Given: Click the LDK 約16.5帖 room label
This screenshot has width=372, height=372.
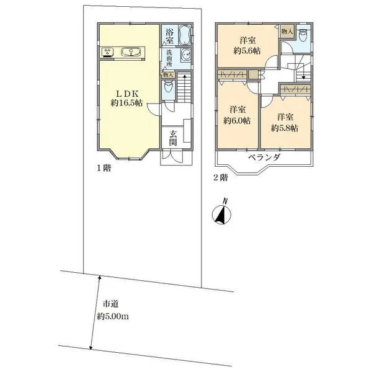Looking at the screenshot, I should (128, 97).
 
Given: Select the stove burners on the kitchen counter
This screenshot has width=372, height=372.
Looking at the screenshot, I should (107, 53).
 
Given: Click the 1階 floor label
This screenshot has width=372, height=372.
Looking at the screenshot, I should (103, 167).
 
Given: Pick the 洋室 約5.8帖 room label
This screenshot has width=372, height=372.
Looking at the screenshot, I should (285, 122).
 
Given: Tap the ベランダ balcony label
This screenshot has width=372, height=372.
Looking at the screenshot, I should (265, 157).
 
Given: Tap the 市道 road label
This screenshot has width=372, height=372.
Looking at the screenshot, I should (110, 304).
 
